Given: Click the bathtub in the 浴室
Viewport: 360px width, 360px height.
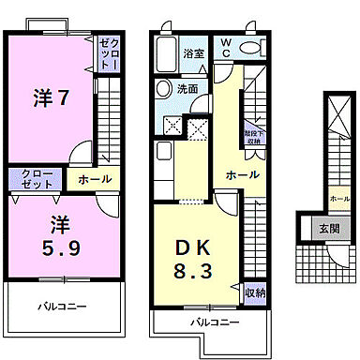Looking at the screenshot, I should (x=168, y=48).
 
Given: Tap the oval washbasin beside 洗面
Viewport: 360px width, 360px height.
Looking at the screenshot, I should (x=163, y=91).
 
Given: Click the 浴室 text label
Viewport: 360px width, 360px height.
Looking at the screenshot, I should (x=194, y=52).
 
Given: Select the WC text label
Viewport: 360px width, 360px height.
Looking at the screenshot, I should (x=226, y=47).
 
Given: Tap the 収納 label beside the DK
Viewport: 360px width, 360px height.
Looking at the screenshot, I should (x=254, y=293).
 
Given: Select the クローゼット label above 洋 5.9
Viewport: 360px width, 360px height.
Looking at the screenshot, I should (x=34, y=179).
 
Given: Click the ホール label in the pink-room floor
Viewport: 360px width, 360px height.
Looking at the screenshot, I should (x=94, y=178).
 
